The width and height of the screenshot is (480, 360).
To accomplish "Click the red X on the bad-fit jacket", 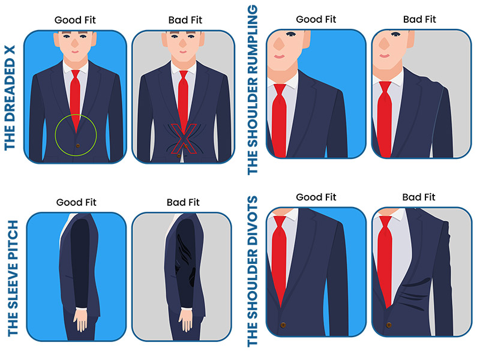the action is pos(184,139).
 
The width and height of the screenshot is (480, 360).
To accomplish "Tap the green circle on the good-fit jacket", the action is pos(55,134).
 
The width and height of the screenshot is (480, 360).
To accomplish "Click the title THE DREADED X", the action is pos(10,98).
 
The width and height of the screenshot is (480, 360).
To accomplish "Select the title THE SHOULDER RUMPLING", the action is pos(253,90).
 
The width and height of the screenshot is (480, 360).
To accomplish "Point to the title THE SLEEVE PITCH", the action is pos(13,278).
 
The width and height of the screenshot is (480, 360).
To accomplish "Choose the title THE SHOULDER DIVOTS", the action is pos(253,272).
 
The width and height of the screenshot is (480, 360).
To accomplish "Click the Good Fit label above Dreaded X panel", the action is pos(75,20).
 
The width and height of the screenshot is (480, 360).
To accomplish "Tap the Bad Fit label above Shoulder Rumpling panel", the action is pos(419,20).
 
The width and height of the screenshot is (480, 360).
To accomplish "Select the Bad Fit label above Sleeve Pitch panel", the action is pos(183,202).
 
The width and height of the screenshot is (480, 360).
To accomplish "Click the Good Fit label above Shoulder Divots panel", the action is pos(316,197).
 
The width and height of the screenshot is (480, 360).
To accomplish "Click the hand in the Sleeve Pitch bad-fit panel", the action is pos(186,320).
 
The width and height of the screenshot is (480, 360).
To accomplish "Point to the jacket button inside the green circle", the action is pos(78,145).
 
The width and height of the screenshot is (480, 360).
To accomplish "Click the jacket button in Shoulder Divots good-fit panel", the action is pos(283,325).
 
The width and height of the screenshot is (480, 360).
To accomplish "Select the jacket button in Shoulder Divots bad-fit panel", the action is pos(389,325).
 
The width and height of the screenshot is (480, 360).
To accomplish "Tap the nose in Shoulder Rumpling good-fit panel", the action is pos(279,43).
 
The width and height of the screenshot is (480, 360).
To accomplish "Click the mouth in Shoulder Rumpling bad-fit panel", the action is pos(384,56).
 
